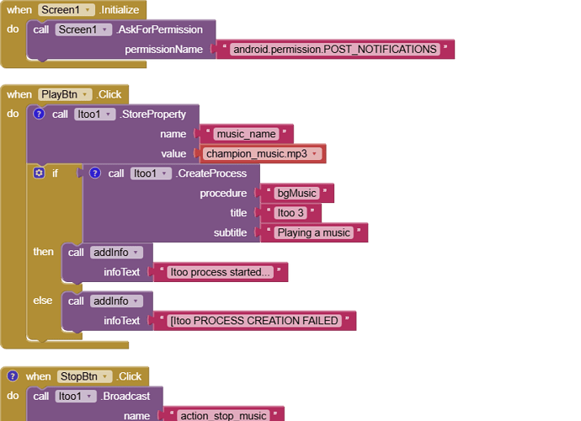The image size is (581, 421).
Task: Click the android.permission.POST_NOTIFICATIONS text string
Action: click(x=335, y=49)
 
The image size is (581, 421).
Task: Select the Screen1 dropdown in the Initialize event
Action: click(x=67, y=9)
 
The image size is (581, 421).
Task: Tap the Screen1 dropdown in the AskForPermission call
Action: click(x=83, y=29)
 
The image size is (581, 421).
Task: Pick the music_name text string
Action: click(x=246, y=134)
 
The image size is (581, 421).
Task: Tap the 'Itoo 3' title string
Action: click(x=291, y=213)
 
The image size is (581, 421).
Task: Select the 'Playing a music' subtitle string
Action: click(x=314, y=233)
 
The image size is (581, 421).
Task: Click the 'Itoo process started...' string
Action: click(x=221, y=272)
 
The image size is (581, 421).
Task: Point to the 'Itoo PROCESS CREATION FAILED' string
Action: click(x=254, y=321)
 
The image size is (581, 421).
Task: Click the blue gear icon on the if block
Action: click(x=38, y=173)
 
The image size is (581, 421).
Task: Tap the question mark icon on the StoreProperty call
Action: click(x=38, y=115)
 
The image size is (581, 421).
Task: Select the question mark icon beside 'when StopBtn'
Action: click(x=12, y=376)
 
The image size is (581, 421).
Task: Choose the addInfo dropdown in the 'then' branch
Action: click(x=116, y=253)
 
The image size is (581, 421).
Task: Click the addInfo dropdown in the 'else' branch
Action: click(x=116, y=301)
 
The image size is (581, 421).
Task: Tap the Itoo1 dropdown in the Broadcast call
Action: click(x=75, y=396)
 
